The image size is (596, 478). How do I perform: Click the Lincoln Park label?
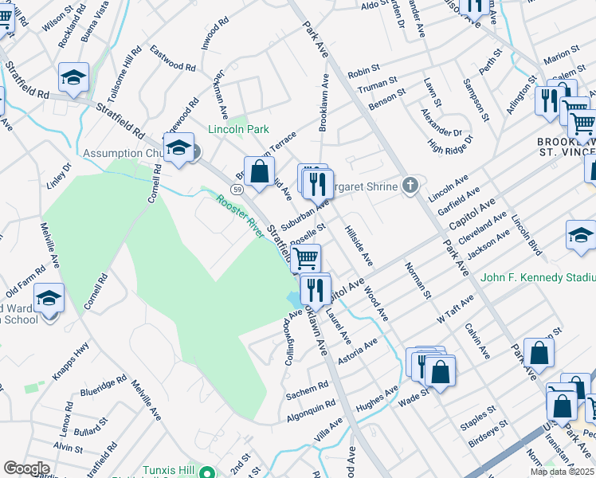pyautogui.click(x=238, y=129)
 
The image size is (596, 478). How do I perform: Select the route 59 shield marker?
pyautogui.click(x=237, y=189)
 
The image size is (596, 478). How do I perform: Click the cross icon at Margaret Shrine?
pyautogui.click(x=410, y=186)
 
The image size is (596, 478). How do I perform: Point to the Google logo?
pyautogui.click(x=26, y=468)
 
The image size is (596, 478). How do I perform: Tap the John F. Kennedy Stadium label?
pyautogui.click(x=537, y=277)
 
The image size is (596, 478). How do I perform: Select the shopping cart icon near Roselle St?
pyautogui.click(x=306, y=258)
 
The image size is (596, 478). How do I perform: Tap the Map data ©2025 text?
pyautogui.click(x=562, y=472)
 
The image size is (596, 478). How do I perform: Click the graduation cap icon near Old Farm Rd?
pyautogui.click(x=49, y=299)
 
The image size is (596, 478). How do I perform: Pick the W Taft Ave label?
pyautogui.click(x=455, y=308)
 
